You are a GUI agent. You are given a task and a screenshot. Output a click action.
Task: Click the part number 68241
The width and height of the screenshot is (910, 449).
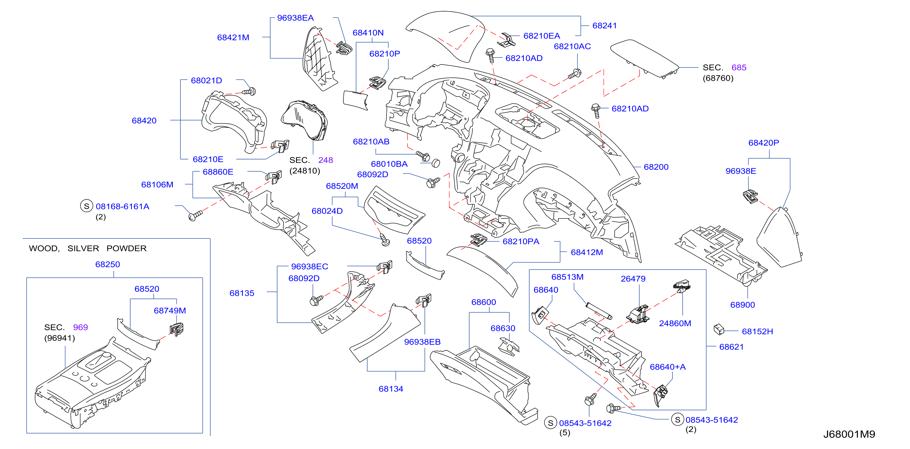pos(604,26)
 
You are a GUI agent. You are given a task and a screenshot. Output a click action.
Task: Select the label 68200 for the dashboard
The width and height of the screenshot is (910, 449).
pos(656,167)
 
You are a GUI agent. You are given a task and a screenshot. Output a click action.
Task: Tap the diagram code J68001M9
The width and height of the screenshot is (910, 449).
pos(849,434)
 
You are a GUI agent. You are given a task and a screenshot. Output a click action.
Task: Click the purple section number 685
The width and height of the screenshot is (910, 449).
pos(739,67)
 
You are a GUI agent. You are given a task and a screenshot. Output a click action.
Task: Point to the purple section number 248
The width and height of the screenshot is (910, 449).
pos(325,160)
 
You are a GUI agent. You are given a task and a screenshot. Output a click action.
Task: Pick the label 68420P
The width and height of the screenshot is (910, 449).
pos(764,143)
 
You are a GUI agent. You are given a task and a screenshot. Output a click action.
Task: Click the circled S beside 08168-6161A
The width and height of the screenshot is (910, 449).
pos(87,206)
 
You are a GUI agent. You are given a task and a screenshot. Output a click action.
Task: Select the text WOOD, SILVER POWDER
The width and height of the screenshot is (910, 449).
pos(87,248)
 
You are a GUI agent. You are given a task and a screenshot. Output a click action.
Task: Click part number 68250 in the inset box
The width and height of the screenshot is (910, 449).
pos(108,264)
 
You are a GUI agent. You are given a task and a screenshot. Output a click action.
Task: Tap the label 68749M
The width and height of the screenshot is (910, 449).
pos(170,310)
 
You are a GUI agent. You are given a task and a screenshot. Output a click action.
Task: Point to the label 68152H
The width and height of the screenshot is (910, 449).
pos(757,331)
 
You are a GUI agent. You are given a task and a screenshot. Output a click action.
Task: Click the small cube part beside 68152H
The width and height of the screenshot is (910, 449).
pos(719,329)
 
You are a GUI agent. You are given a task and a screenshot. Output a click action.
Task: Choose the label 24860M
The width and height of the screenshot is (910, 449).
pos(675,323)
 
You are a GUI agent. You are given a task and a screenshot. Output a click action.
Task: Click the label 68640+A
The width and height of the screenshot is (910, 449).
pos(668,367)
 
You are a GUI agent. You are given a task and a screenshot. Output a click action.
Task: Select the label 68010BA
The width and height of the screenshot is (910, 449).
pos(389,164)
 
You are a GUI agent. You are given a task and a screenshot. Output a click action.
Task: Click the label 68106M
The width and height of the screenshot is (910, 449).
pos(157,184)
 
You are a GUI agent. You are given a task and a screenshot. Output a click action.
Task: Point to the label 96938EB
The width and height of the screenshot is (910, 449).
pos(422,342)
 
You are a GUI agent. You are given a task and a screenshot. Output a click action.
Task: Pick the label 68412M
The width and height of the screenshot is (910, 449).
pos(587,252)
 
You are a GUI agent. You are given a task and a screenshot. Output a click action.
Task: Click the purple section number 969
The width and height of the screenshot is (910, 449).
pos(80,327)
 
